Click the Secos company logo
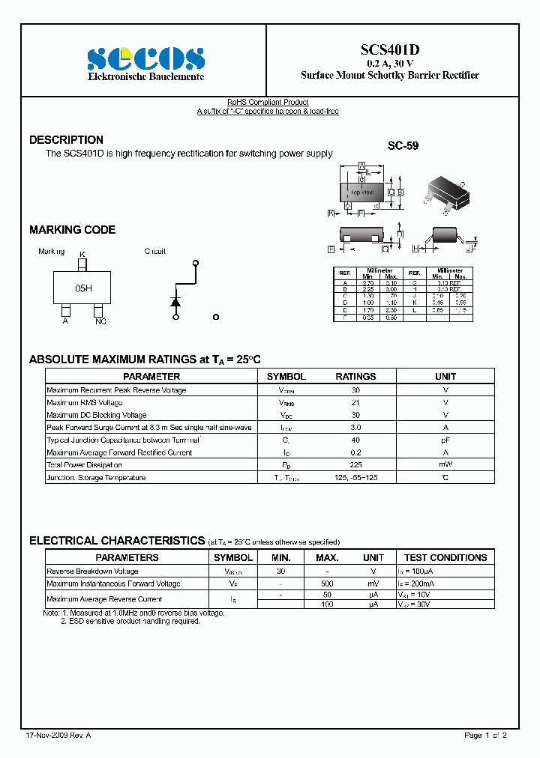145,58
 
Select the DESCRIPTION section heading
66,140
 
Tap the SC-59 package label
403,146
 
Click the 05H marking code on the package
83,288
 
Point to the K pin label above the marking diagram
82,255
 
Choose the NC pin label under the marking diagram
100,321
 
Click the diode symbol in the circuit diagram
176,301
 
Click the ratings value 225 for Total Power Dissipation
355,465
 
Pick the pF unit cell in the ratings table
445,440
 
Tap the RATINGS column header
355,377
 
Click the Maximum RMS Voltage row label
85,403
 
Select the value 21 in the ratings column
355,403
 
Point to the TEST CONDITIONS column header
445,558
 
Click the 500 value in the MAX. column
327,583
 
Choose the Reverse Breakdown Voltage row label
92,571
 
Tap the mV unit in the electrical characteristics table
373,583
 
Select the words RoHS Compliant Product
268,103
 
